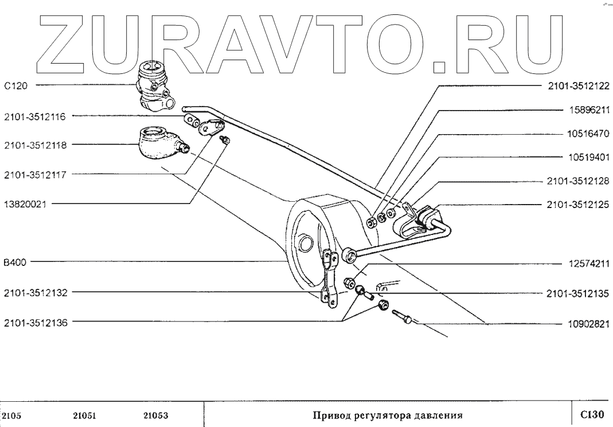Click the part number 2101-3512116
click(34, 117)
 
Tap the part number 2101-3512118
click(34, 146)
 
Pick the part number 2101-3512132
click(34, 293)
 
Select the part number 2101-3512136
click(34, 323)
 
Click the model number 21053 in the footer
click(154, 414)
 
